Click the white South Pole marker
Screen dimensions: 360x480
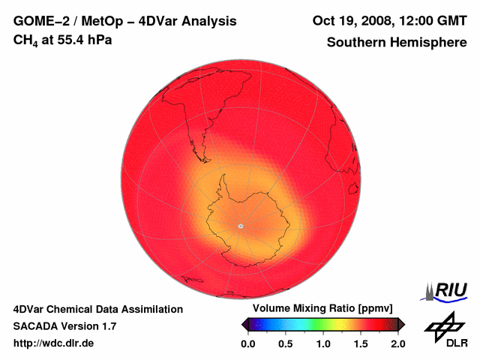[241, 226]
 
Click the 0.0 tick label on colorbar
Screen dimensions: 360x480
[247, 343]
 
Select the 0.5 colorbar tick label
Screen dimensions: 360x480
[285, 343]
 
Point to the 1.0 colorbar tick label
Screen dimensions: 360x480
[322, 343]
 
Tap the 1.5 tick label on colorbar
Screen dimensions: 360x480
[360, 343]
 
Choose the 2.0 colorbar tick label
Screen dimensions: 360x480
[397, 343]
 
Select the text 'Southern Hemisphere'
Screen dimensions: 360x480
[397, 43]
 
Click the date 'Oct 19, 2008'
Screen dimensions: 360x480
[349, 22]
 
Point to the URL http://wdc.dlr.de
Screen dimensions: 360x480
[54, 343]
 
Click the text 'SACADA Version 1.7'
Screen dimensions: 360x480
[64, 326]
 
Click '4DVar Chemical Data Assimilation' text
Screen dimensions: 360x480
[97, 309]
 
